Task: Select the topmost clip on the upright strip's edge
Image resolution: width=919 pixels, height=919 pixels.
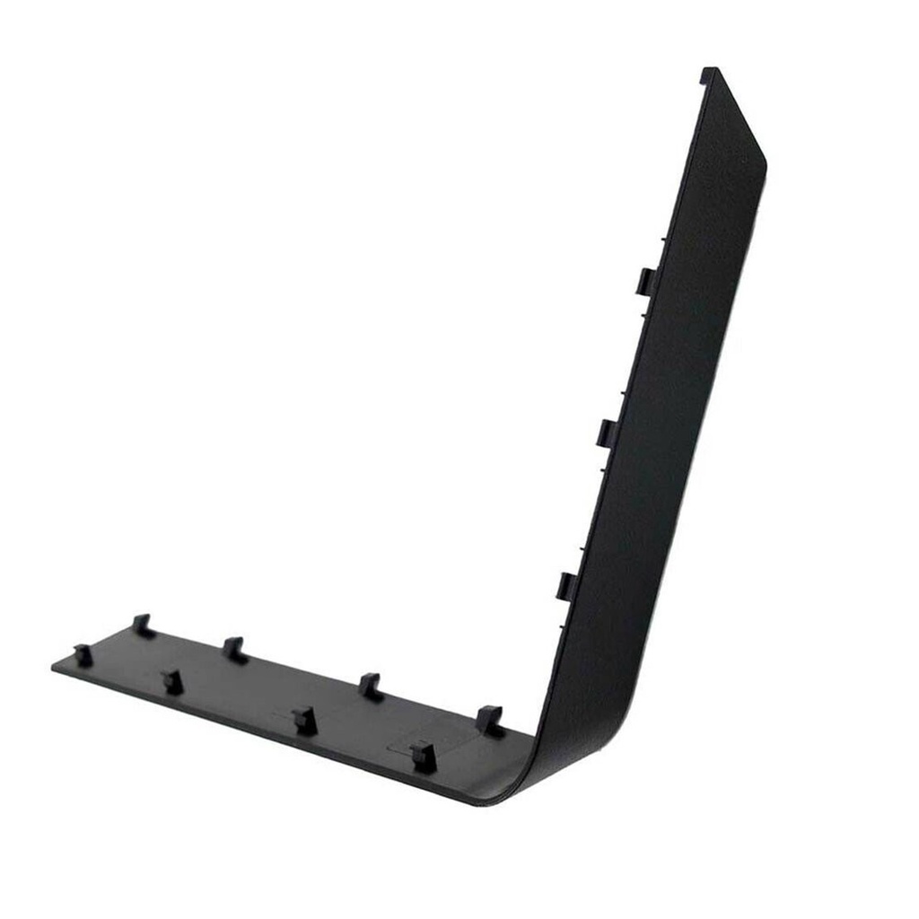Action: coord(646,280)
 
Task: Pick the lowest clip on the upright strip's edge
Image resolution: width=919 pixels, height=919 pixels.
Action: coord(569,585)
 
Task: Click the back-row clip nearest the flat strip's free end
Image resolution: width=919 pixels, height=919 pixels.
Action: coord(141,625)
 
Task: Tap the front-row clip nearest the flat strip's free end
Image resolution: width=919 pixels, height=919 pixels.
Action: coord(83,655)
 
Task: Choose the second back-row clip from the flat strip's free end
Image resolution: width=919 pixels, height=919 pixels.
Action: coord(234,648)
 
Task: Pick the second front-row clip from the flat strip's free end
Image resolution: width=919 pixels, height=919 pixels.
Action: coord(172,681)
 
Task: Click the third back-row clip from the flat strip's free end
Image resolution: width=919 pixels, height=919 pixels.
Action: coord(369,686)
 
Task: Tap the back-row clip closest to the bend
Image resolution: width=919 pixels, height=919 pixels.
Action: coord(488,720)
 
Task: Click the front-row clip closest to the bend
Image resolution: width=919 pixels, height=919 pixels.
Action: coord(422,757)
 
